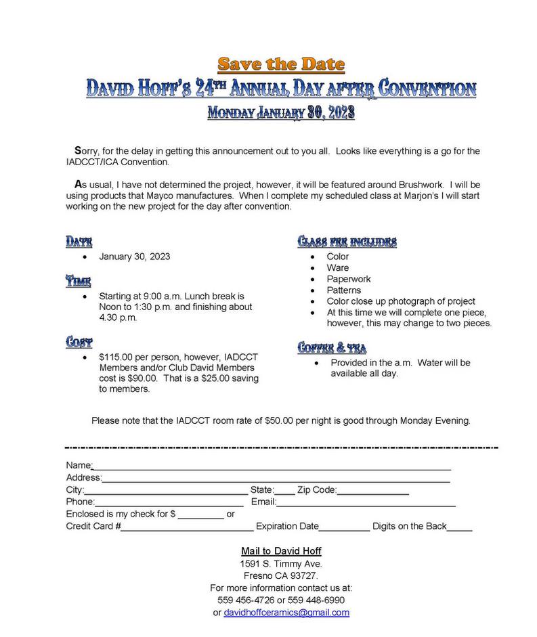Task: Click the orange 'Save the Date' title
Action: (x=281, y=64)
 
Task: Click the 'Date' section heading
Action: (x=79, y=242)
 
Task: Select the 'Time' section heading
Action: (x=78, y=281)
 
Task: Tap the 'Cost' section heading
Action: (x=79, y=342)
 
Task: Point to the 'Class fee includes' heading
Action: (x=347, y=242)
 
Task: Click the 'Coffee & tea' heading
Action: (x=332, y=348)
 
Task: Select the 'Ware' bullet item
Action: (x=338, y=268)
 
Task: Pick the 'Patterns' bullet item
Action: (x=343, y=290)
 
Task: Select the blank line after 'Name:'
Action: (x=271, y=466)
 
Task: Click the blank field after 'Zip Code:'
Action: (x=372, y=490)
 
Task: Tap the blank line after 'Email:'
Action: (x=366, y=502)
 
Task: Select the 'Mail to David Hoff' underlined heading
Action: (x=281, y=551)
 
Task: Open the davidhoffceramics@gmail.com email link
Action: (x=286, y=613)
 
